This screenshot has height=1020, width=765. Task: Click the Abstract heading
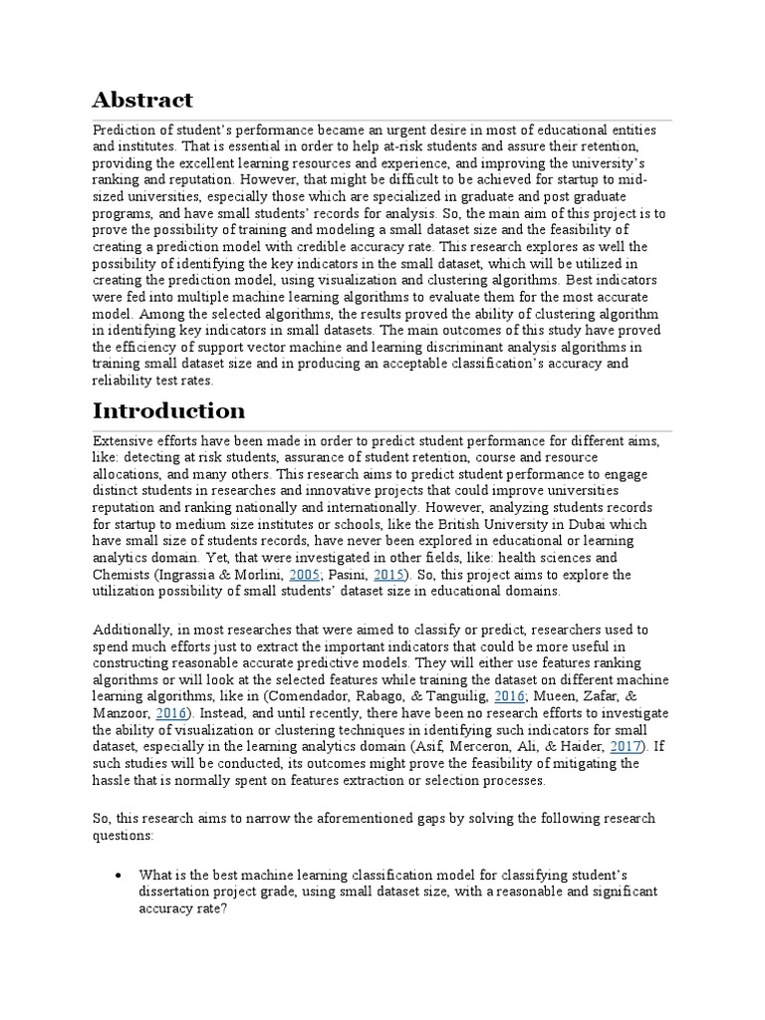click(142, 100)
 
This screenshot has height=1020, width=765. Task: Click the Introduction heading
click(168, 410)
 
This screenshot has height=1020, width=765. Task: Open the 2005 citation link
click(305, 575)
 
